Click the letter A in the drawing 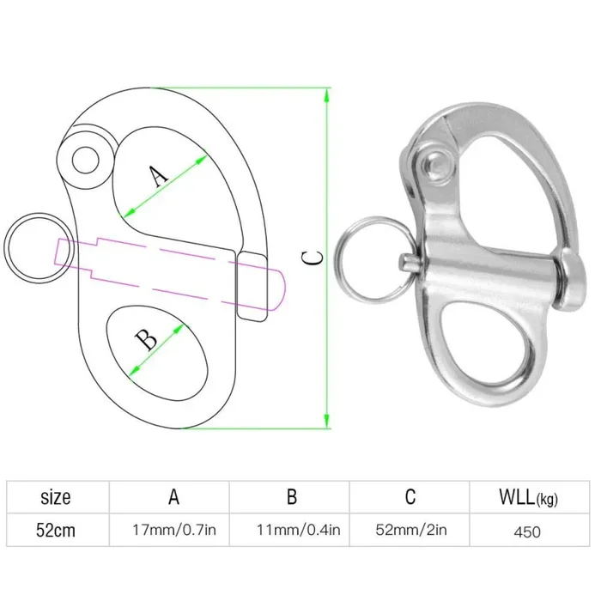[x=156, y=176]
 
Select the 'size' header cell [x=56, y=496]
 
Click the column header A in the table [x=173, y=496]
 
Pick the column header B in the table [x=291, y=496]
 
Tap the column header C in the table [x=410, y=496]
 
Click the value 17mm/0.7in [x=174, y=531]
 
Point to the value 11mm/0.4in [x=292, y=531]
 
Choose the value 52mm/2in [x=410, y=531]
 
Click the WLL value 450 [x=527, y=531]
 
